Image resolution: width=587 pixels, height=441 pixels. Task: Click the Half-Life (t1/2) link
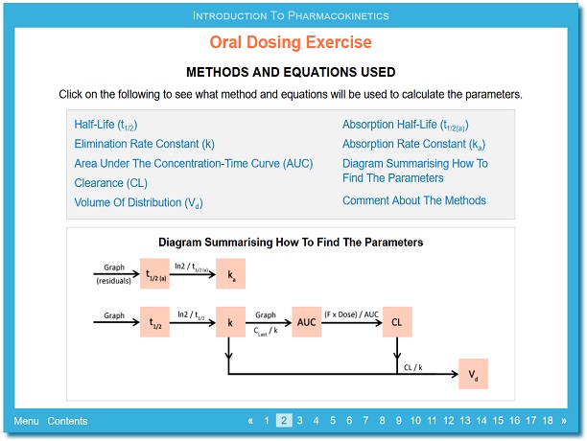(106, 125)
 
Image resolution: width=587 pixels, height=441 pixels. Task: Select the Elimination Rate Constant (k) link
(144, 144)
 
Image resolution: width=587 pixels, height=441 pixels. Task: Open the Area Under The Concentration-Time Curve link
(193, 164)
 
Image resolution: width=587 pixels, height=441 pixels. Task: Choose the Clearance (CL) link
(111, 183)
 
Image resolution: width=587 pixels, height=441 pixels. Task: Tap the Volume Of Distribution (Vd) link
(138, 202)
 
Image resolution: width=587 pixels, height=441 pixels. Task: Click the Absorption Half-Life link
(406, 125)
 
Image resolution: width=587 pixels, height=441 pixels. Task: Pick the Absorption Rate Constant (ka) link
(413, 145)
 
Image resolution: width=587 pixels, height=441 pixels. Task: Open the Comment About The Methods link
(414, 200)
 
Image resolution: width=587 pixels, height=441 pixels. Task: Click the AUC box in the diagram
(307, 322)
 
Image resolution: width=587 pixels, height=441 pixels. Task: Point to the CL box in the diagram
(397, 322)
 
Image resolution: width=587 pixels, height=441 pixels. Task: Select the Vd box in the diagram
(473, 374)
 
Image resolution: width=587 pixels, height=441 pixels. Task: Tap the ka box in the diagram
(230, 273)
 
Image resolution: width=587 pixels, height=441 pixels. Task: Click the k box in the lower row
(230, 322)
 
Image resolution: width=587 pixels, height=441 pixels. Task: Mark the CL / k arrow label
(413, 368)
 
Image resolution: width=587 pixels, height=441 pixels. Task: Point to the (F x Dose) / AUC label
(351, 314)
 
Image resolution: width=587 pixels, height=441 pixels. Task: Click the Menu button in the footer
(26, 421)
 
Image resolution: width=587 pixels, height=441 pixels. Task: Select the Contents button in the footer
(67, 421)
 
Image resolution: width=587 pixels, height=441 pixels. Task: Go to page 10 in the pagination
(415, 421)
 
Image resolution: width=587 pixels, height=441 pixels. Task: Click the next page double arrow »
(564, 421)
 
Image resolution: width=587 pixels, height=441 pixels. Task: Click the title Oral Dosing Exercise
(291, 42)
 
